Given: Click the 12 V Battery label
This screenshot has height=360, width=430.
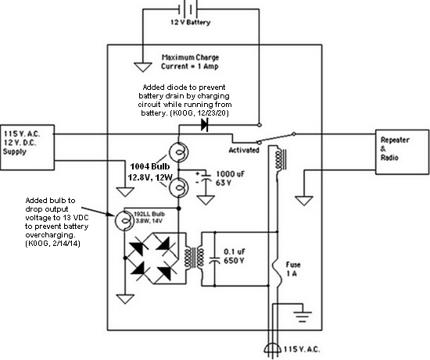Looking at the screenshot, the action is tap(191, 23).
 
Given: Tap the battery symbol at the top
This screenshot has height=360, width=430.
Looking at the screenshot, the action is tap(188, 9).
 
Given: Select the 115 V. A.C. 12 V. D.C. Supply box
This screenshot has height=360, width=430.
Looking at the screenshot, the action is tap(27, 148).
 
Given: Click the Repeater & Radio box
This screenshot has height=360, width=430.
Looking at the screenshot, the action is tap(402, 152).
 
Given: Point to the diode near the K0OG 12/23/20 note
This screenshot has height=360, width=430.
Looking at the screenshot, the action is tap(205, 125).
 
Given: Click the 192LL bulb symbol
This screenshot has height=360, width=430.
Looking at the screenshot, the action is tap(124, 220).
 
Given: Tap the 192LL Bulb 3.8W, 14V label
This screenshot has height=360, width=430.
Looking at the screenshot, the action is tap(149, 217).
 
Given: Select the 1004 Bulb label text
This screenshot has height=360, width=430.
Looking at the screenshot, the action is tap(150, 166).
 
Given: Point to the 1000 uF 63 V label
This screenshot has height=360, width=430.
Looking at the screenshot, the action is tap(230, 178).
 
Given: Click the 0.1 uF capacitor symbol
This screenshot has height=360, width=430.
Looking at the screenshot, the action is tap(214, 260).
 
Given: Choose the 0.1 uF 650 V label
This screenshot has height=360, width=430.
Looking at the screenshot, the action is tap(235, 256).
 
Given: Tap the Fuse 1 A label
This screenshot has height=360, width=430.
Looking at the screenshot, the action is tap(293, 269).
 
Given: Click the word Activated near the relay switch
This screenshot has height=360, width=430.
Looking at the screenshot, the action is tap(244, 150).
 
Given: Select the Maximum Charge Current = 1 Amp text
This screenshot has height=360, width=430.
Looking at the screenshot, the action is tap(190, 62).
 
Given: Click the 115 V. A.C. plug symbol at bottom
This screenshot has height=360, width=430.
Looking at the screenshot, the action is tap(273, 349).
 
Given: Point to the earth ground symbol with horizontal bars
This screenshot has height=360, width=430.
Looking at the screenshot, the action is tap(303, 317).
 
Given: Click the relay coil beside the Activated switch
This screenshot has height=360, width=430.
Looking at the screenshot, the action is tap(280, 159).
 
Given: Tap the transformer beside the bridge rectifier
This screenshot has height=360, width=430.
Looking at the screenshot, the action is tap(195, 258).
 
